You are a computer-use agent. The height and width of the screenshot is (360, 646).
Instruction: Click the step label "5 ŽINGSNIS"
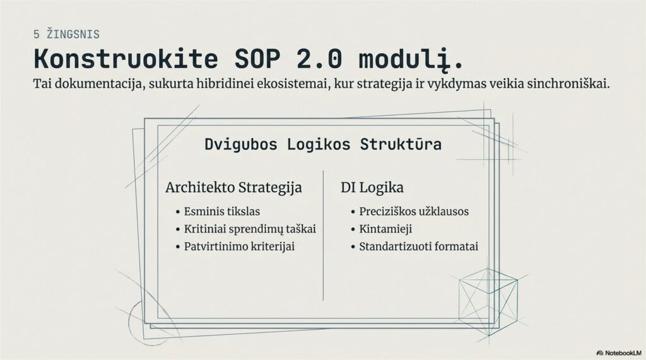[66, 34]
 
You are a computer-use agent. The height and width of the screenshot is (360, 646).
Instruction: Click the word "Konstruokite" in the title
[126, 59]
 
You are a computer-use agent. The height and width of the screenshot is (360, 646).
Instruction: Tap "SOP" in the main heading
[257, 59]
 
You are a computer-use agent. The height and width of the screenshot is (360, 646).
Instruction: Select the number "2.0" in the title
[319, 59]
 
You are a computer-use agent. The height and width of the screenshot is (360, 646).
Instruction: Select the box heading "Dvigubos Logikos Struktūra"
[323, 144]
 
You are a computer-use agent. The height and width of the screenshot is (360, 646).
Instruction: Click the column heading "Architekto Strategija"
[233, 187]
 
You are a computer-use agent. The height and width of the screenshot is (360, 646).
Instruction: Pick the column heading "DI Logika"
[372, 187]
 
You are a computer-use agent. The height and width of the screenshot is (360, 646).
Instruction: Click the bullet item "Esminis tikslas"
[221, 212]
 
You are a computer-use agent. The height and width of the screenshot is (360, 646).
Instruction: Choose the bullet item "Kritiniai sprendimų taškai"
[250, 229]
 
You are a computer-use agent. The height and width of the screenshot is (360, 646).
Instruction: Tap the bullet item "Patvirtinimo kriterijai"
[239, 247]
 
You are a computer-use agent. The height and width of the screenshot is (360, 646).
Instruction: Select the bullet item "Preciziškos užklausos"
[414, 212]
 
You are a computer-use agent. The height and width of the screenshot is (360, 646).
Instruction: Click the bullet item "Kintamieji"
[385, 229]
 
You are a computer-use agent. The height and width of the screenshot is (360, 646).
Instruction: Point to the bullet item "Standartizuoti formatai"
[419, 247]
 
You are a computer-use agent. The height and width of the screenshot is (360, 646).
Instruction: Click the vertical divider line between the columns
[323, 235]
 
